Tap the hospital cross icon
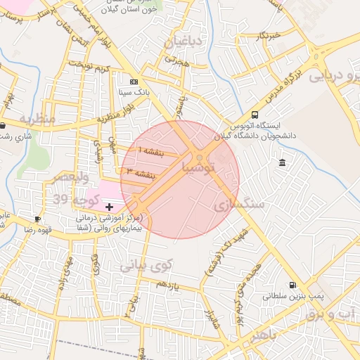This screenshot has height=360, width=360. click(x=109, y=207)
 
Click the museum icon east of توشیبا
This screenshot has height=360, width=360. click(x=282, y=164)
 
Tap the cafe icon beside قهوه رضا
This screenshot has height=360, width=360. click(x=37, y=219)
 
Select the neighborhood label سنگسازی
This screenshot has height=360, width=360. click(x=241, y=204)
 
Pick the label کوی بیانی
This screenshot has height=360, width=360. click(x=146, y=266)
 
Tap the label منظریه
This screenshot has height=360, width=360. click(x=37, y=118)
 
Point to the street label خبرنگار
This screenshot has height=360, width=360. click(x=269, y=34)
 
